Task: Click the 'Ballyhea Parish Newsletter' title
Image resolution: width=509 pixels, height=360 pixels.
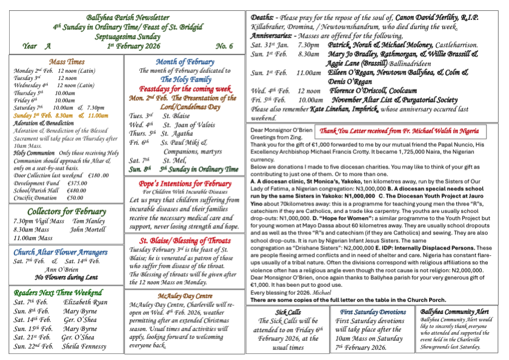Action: click(125, 19)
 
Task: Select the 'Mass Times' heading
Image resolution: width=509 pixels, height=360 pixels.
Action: click(67, 62)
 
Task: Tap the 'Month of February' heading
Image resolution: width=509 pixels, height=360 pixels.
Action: click(185, 62)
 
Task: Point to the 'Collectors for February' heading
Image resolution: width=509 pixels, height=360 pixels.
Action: click(67, 212)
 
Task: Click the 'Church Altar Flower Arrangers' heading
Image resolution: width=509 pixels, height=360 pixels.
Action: click(67, 252)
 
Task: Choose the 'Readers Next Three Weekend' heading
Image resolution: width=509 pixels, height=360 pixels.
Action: click(67, 292)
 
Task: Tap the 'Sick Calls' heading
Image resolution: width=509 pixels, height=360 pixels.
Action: click(288, 312)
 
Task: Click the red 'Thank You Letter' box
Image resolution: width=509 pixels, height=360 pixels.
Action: click(403, 131)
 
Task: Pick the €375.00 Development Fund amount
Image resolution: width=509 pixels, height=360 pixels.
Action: click(78, 182)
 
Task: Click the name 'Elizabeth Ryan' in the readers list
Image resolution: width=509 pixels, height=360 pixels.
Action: click(85, 302)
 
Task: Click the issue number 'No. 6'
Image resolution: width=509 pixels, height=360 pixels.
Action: click(224, 46)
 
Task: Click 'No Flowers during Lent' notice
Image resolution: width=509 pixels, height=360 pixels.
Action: click(66, 278)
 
